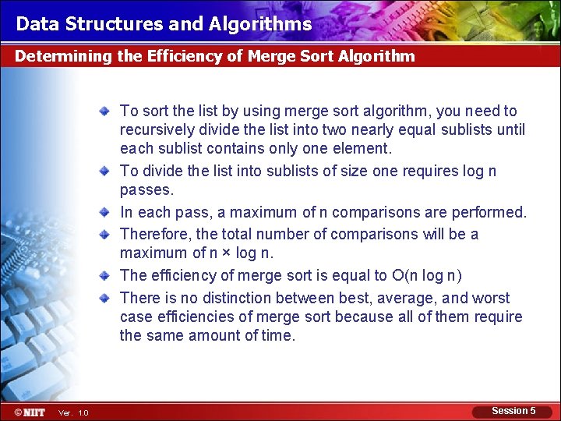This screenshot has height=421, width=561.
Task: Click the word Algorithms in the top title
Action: [x=260, y=24]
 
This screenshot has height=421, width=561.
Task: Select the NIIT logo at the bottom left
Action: [x=30, y=412]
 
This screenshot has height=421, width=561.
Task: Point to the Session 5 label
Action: [x=513, y=411]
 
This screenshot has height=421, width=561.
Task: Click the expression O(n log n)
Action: [x=427, y=275]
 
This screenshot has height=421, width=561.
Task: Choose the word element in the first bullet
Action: [x=362, y=148]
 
